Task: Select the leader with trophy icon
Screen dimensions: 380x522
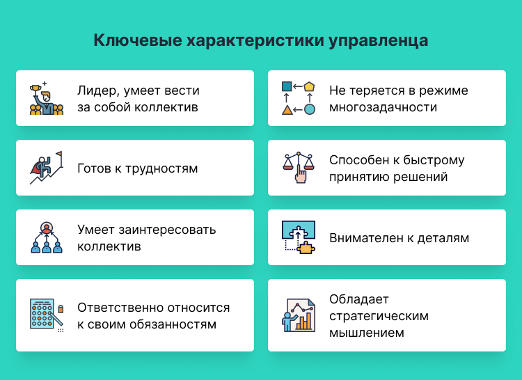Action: tap(46, 98)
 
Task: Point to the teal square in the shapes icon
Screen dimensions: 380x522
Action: tap(286, 86)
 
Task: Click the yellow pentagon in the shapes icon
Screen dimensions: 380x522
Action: tap(310, 86)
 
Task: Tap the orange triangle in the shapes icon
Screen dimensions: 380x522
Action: tap(286, 109)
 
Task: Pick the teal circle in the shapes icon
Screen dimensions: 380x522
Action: tap(310, 109)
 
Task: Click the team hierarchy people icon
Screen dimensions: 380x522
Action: tap(46, 237)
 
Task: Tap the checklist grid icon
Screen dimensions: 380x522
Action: tap(44, 315)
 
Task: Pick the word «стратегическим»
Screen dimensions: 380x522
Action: tap(379, 316)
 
